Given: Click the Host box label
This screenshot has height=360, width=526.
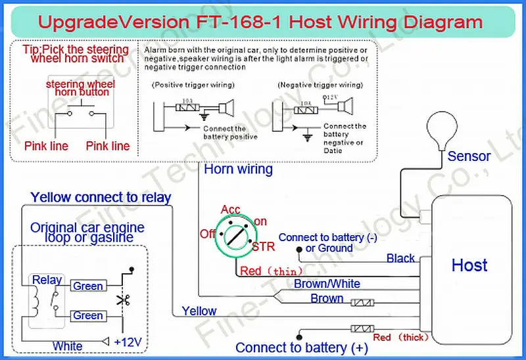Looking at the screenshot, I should pos(469,265).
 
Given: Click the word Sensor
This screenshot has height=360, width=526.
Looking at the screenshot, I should pos(469,156).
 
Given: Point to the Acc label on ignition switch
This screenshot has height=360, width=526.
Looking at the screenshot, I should pos(231,210).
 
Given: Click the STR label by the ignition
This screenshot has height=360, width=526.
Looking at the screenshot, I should pos(264,247).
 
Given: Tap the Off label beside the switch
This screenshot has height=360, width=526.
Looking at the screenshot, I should pos(208,234).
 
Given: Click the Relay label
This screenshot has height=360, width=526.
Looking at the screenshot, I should pos(47,279).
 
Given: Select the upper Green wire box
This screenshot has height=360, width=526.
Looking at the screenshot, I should pos(87,286).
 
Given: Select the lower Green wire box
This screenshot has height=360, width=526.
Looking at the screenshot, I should pos(87,316).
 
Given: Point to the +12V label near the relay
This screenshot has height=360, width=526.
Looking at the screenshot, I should pos(128,342).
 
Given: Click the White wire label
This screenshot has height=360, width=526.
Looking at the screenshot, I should pos(68,346).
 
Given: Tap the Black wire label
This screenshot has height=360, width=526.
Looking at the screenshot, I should pos(400,258).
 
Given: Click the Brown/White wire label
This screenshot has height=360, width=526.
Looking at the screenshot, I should pos(327,284).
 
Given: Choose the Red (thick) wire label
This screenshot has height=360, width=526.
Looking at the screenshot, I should pos(400,338).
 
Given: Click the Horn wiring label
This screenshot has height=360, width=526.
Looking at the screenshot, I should pos(238,169).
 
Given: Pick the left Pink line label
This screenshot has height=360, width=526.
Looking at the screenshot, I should pos(46,146).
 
